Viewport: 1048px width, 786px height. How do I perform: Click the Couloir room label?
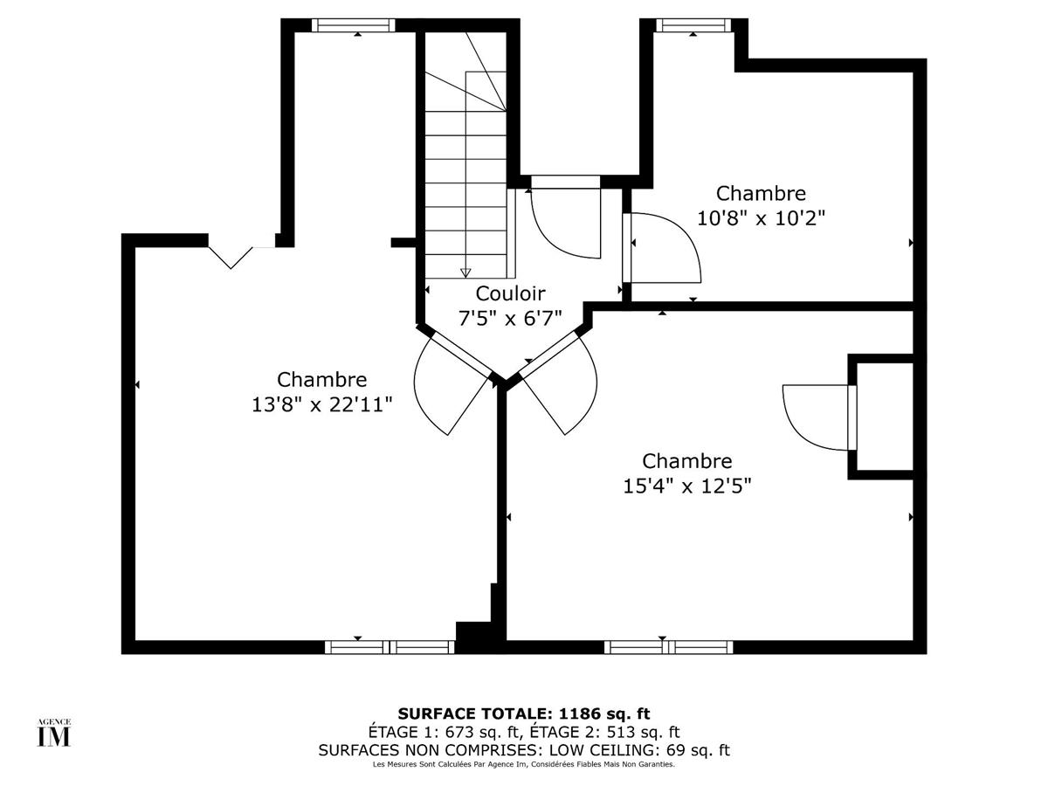pyautogui.click(x=511, y=293)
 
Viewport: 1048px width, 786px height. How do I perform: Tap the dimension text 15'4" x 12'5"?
pyautogui.click(x=687, y=485)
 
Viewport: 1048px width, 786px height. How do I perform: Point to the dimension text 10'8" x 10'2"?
pyautogui.click(x=762, y=217)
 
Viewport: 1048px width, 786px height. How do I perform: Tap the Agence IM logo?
pyautogui.click(x=53, y=734)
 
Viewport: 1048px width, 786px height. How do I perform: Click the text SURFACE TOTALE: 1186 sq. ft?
pyautogui.click(x=524, y=714)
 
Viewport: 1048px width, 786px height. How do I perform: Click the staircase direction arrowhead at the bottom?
pyautogui.click(x=465, y=272)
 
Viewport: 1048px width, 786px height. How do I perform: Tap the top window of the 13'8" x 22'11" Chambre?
pyautogui.click(x=354, y=25)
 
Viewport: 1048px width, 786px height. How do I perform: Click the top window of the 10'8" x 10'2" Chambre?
pyautogui.click(x=693, y=25)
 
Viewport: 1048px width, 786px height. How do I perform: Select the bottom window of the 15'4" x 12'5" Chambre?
pyautogui.click(x=668, y=647)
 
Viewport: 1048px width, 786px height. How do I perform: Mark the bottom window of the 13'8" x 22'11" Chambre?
pyautogui.click(x=390, y=647)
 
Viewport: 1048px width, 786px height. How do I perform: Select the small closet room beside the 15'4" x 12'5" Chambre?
pyautogui.click(x=884, y=417)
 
